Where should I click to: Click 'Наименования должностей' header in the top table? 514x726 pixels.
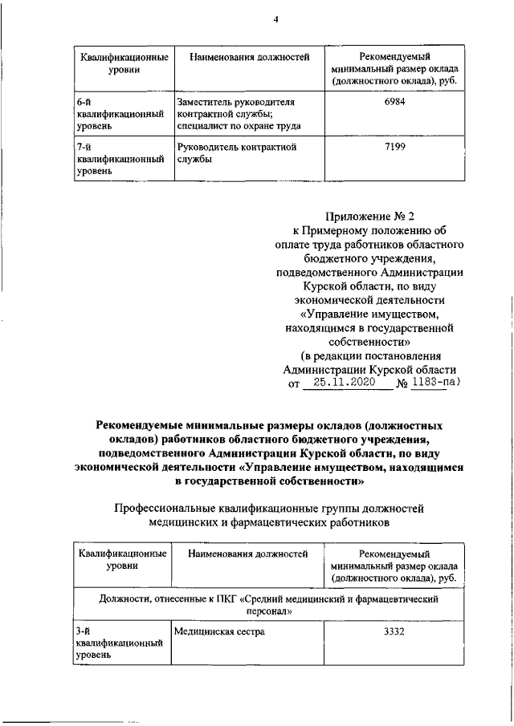249,59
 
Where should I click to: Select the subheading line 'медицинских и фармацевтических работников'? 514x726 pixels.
268,522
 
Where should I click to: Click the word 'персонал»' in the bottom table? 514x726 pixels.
268,611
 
